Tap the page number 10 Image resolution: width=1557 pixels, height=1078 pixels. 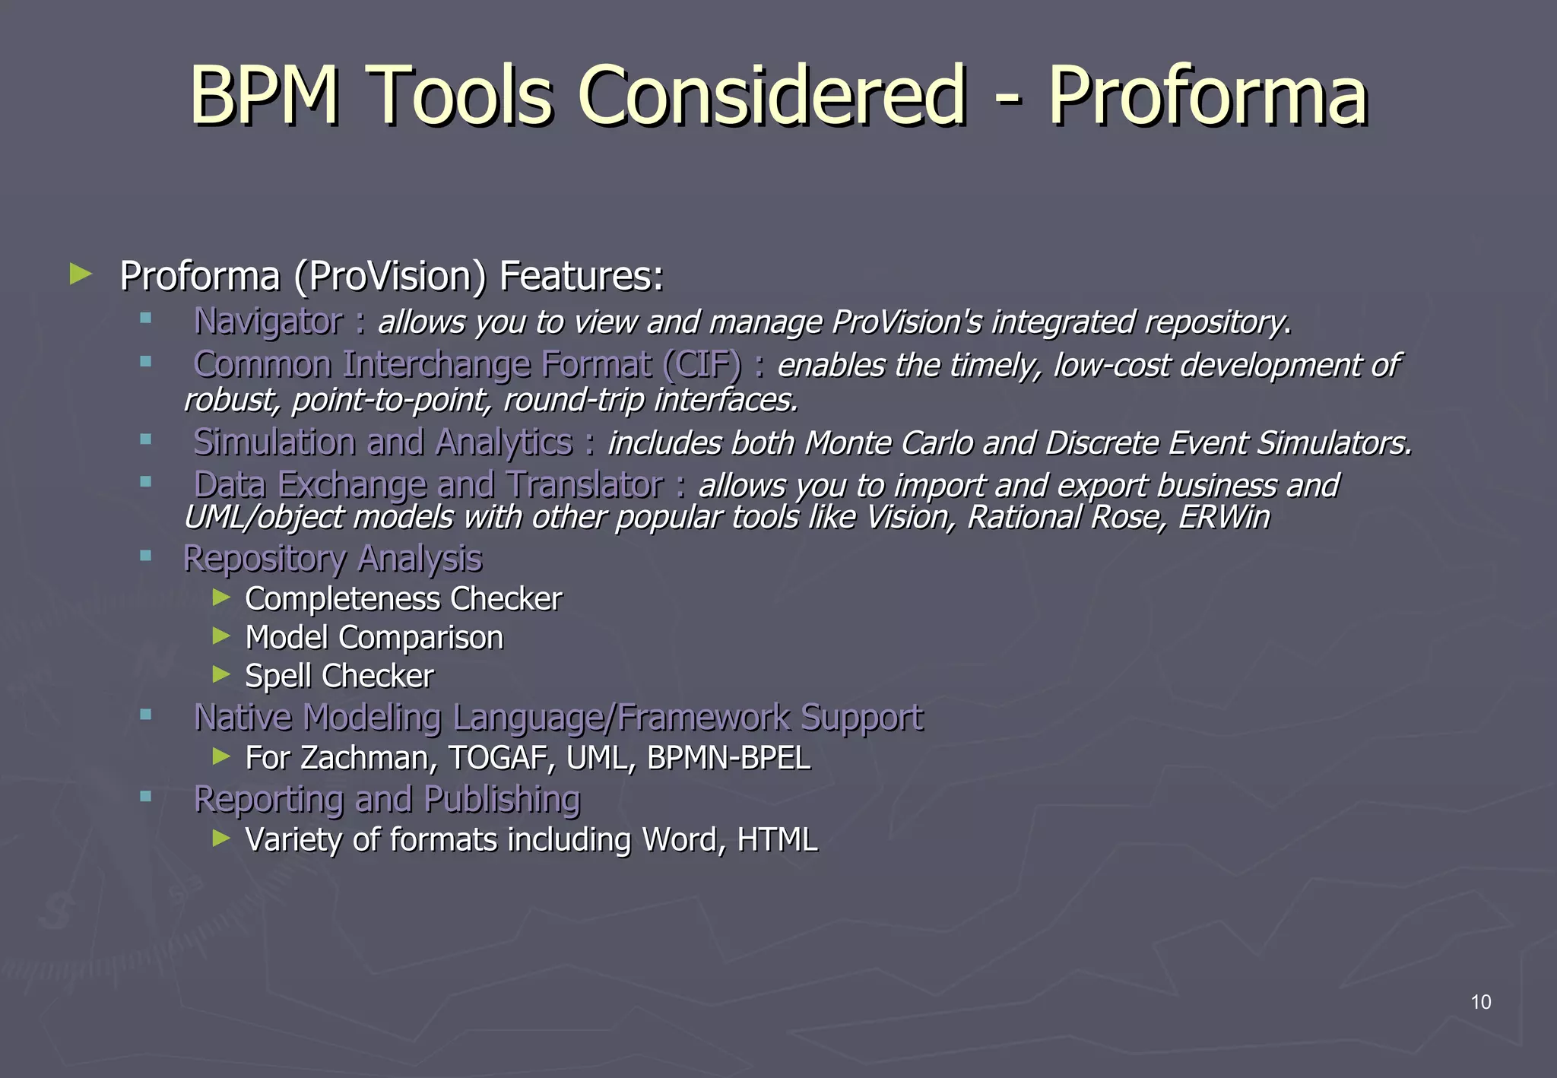[x=1480, y=1002]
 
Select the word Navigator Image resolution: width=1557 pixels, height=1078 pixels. [x=268, y=322]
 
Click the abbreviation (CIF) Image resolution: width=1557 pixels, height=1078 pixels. [x=701, y=364]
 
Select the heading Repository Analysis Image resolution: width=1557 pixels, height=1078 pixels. [x=332, y=559]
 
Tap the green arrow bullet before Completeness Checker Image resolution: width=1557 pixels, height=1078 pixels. [x=221, y=598]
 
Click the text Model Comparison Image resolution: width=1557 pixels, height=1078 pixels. [x=374, y=638]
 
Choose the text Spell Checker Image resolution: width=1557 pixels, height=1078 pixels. [x=339, y=677]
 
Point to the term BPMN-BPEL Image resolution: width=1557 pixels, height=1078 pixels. [x=728, y=758]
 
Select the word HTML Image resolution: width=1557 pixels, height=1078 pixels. [x=777, y=840]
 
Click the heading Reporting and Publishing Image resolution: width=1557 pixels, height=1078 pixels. [x=387, y=799]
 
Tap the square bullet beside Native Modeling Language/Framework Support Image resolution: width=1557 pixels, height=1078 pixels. [x=145, y=714]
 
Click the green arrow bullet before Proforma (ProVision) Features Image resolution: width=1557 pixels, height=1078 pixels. [x=80, y=274]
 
